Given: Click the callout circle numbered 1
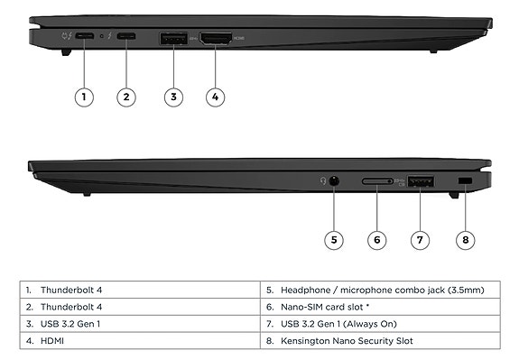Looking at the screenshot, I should point(84,97).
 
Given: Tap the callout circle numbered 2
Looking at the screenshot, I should point(126,97).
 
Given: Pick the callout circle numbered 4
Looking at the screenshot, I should point(214,97).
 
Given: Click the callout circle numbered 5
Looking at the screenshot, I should point(334,239).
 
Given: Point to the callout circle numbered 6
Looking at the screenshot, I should point(377,239).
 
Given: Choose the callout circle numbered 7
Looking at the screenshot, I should point(421,239).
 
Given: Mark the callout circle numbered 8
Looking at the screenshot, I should point(465,239).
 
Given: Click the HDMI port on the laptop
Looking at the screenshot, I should point(216,39).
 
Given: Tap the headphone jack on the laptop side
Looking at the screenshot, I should point(334,181).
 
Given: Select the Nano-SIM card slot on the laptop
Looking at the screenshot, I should point(378,182).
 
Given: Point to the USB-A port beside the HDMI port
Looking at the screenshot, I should point(173,39).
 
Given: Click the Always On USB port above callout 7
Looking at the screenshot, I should point(420,182).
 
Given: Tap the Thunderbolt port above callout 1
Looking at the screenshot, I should point(84,37).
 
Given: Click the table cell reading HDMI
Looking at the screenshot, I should point(52,340).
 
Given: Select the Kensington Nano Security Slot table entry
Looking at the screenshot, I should point(352,340).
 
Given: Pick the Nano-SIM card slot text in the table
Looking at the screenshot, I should point(329,307).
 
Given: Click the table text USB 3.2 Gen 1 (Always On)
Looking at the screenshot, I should point(339,323).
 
